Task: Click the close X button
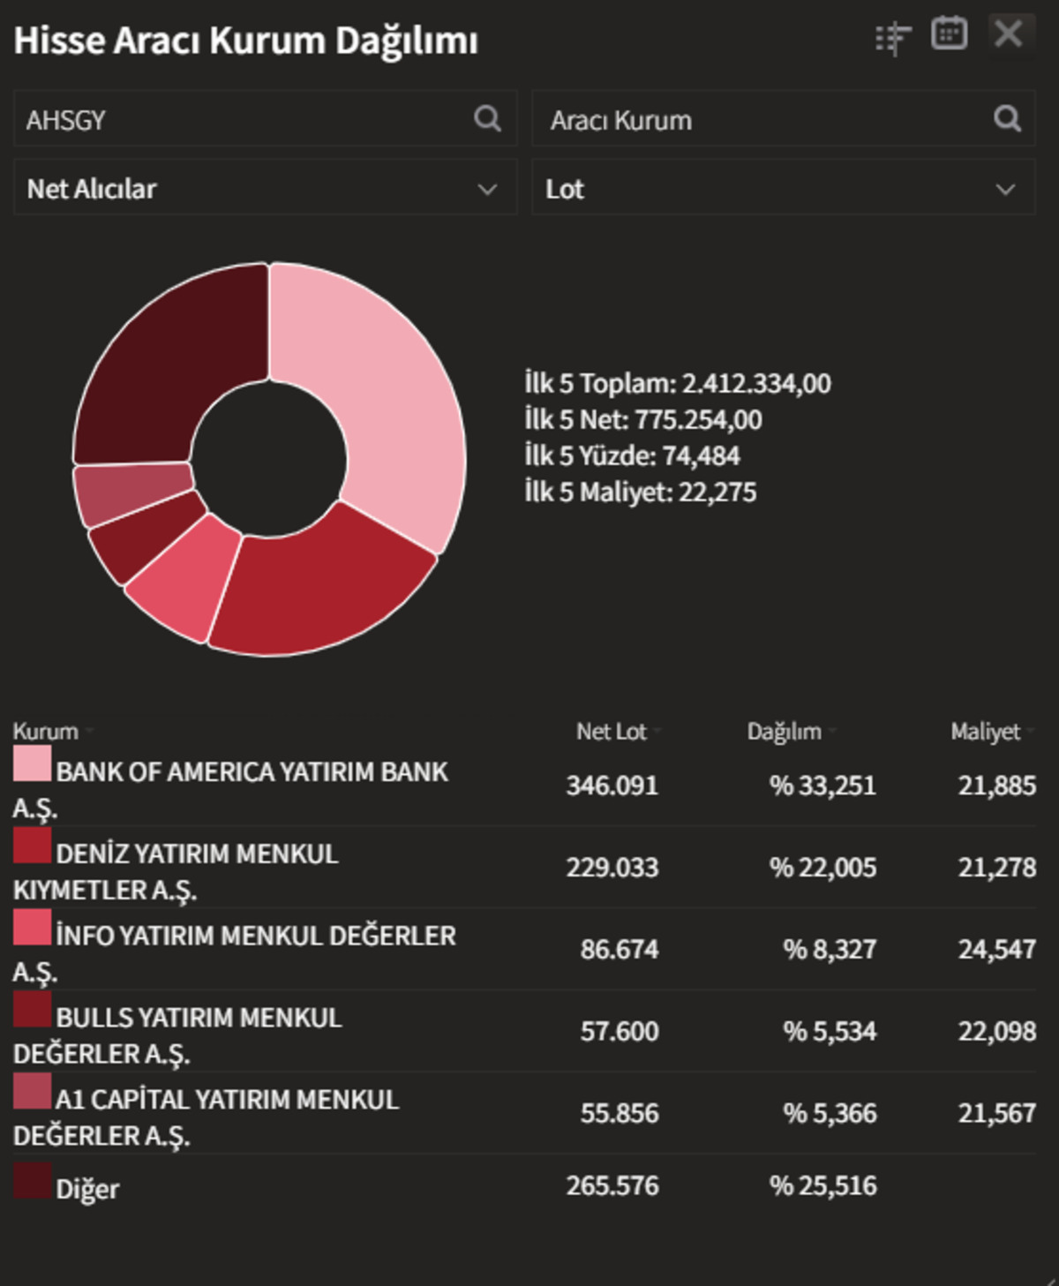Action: (x=1009, y=34)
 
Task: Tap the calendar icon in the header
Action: (x=949, y=33)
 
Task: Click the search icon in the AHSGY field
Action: (x=487, y=118)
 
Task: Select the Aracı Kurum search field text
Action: (x=620, y=121)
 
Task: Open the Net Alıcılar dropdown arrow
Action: (x=487, y=190)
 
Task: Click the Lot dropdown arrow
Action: (x=1005, y=190)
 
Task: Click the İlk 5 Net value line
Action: (x=643, y=420)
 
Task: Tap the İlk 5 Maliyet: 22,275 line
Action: (x=641, y=493)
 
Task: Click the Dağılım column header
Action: (x=785, y=732)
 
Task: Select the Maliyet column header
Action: (x=985, y=732)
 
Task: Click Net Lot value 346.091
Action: (x=612, y=786)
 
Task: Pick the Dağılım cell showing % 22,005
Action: (x=822, y=868)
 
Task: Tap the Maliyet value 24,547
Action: (x=997, y=950)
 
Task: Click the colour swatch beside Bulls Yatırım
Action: (x=32, y=1009)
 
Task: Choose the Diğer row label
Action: (x=87, y=1189)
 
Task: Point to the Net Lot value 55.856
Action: (x=620, y=1114)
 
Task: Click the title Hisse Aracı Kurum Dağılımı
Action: (x=245, y=41)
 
